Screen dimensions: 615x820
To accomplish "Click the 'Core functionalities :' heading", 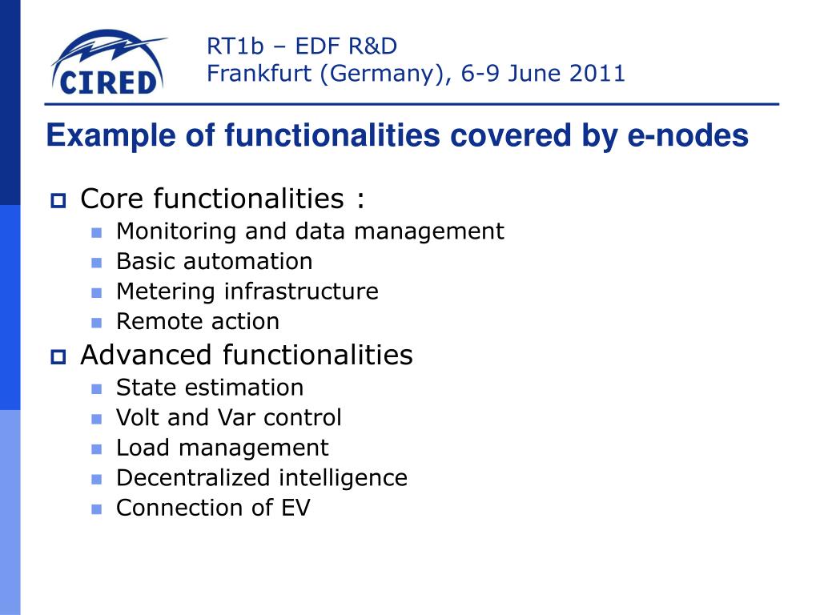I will [223, 199].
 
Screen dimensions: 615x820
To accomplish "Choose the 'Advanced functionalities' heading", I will [246, 355].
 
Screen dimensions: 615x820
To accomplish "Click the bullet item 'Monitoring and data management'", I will [310, 231].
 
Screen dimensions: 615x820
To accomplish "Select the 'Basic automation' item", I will [214, 262].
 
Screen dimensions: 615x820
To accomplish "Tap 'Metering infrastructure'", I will [247, 291].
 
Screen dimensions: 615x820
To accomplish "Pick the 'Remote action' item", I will [198, 322].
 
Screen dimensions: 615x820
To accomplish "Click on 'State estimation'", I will [210, 388].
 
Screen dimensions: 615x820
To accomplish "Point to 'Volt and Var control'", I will [228, 418].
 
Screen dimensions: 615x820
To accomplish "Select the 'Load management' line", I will [222, 448].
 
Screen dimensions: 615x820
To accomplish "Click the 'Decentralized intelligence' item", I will [261, 478].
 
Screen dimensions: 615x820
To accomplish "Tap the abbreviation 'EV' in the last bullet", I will [295, 508].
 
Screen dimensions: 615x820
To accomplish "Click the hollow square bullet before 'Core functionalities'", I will [59, 200].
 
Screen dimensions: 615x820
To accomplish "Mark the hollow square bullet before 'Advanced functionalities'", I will [59, 356].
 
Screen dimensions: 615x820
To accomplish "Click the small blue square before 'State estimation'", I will [97, 389].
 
